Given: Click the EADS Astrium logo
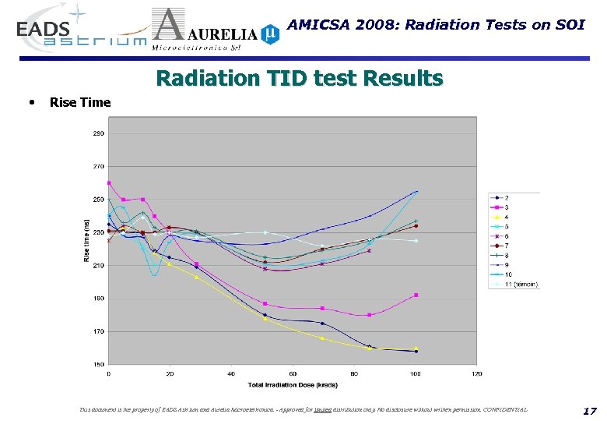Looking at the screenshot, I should [x=78, y=31].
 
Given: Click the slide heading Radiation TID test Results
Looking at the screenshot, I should [x=300, y=79].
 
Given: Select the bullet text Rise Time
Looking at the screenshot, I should [x=80, y=102].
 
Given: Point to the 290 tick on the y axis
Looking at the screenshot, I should [x=99, y=133].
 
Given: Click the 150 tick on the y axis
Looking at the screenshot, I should [x=99, y=364].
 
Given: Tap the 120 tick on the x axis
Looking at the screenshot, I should [x=477, y=373].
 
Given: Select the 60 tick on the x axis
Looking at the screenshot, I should [x=293, y=373].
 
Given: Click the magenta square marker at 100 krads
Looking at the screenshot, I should [x=416, y=295].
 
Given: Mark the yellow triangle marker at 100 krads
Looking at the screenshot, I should [x=416, y=348].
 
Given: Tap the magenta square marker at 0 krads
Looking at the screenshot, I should [x=109, y=183].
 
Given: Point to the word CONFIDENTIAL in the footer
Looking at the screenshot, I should [x=502, y=409].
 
